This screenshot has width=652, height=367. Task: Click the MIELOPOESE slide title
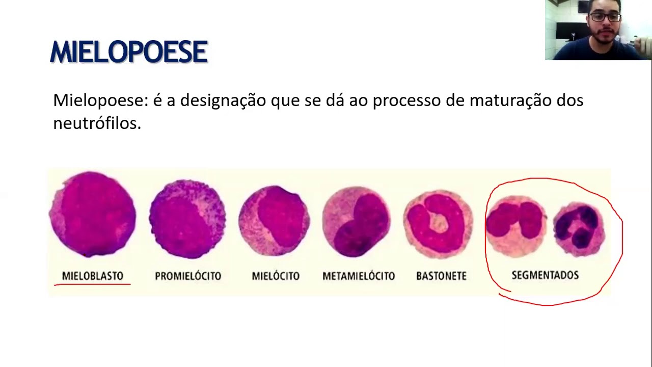(129, 52)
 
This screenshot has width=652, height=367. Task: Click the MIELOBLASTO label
(93, 276)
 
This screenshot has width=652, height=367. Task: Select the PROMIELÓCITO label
(188, 276)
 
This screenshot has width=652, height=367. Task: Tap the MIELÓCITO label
(276, 276)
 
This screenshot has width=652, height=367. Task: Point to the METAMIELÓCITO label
(359, 276)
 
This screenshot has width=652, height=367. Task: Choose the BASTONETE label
(441, 276)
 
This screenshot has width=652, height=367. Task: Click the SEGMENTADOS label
(545, 275)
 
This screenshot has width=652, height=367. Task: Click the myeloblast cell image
(92, 214)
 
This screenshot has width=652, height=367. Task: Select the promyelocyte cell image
(187, 219)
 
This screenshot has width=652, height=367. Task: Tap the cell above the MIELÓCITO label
(274, 221)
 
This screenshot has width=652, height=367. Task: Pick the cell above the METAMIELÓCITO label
(357, 222)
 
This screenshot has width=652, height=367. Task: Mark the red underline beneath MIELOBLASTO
(92, 284)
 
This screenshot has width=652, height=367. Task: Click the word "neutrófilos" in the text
(97, 123)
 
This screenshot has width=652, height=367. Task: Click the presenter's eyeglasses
(605, 17)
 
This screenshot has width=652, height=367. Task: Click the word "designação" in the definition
(223, 100)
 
